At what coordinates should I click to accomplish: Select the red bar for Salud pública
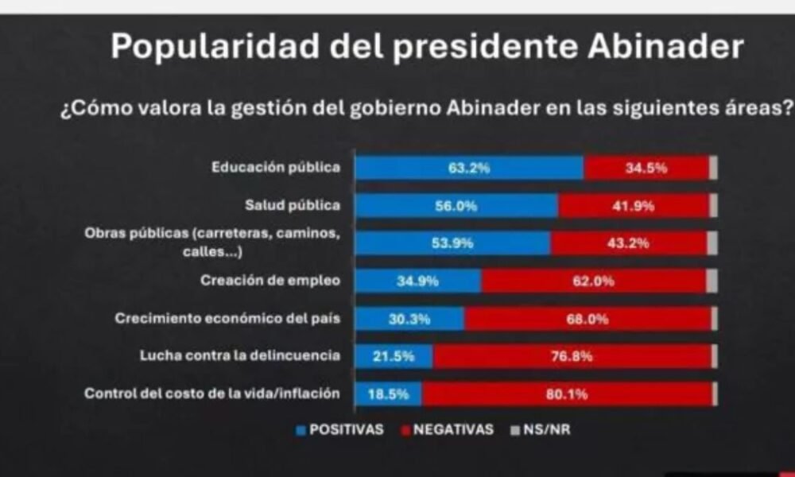point(633,206)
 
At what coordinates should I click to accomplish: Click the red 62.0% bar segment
point(593,281)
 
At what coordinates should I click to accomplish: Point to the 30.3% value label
point(409,319)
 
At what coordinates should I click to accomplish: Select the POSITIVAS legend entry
point(339,430)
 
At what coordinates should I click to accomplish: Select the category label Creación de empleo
point(270,281)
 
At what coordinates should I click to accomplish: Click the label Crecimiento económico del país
point(227,319)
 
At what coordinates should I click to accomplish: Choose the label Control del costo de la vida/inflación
point(212,394)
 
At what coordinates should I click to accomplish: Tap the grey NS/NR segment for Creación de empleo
point(712,281)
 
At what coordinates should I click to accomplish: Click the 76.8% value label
point(572,356)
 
